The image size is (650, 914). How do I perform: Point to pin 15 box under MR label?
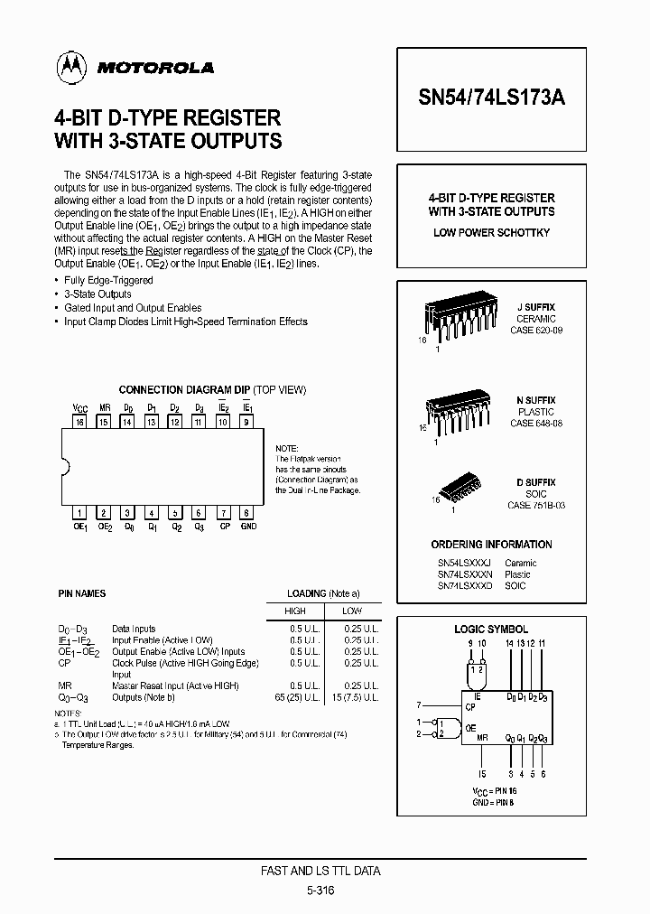point(104,422)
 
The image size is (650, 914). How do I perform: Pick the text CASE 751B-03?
point(535,506)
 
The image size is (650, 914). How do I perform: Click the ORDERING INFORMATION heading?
point(491,545)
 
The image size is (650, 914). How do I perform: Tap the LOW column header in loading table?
point(353,611)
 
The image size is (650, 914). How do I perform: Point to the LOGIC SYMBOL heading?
point(491,629)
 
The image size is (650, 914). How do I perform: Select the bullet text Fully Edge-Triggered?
point(110,281)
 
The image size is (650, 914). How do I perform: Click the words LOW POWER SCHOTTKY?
point(491,233)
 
